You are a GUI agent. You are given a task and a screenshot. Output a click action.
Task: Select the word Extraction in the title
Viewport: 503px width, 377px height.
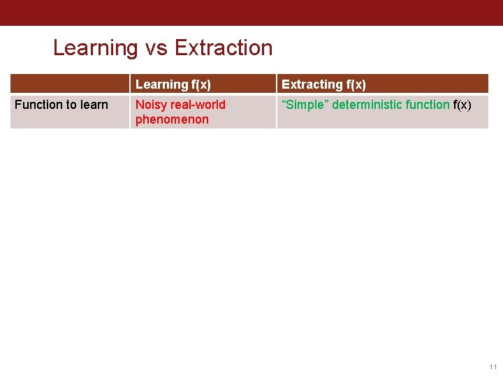pos(224,48)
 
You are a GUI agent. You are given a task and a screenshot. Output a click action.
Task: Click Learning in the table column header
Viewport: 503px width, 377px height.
pos(162,84)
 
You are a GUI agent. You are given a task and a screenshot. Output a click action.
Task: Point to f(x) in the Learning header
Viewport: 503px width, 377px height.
pos(201,84)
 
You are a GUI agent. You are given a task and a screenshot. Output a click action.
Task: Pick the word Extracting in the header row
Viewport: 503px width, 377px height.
pos(312,84)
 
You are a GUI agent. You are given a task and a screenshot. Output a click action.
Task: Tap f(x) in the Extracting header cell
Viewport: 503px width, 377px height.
pos(356,84)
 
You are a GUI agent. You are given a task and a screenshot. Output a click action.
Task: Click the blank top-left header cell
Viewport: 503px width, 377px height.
pos(70,84)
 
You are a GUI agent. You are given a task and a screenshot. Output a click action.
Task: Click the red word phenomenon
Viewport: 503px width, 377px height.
pos(172,119)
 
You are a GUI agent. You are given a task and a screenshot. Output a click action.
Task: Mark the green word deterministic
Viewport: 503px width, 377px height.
pos(367,105)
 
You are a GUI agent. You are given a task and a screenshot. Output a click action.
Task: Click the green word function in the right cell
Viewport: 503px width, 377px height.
pos(428,105)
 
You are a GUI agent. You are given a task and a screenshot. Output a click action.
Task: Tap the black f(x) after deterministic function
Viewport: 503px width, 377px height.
pos(462,105)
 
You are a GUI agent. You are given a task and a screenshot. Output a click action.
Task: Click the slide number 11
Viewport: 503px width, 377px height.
pos(493,367)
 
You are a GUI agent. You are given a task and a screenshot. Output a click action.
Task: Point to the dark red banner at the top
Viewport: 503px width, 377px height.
pos(251,13)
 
